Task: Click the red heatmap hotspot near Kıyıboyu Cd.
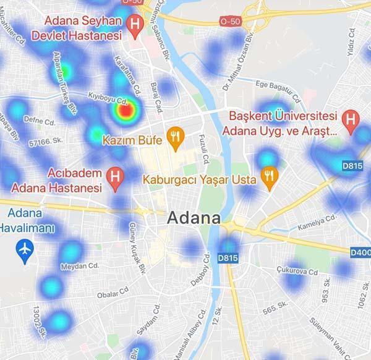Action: pyautogui.click(x=125, y=111)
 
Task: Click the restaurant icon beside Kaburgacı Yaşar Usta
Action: pyautogui.click(x=268, y=176)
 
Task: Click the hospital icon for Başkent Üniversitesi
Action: pyautogui.click(x=351, y=118)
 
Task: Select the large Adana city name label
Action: pyautogui.click(x=194, y=218)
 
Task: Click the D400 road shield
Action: pyautogui.click(x=360, y=252)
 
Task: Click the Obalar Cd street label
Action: pyautogui.click(x=113, y=291)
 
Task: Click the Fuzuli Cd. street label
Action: pyautogui.click(x=202, y=150)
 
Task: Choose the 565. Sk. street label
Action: pyautogui.click(x=276, y=305)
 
